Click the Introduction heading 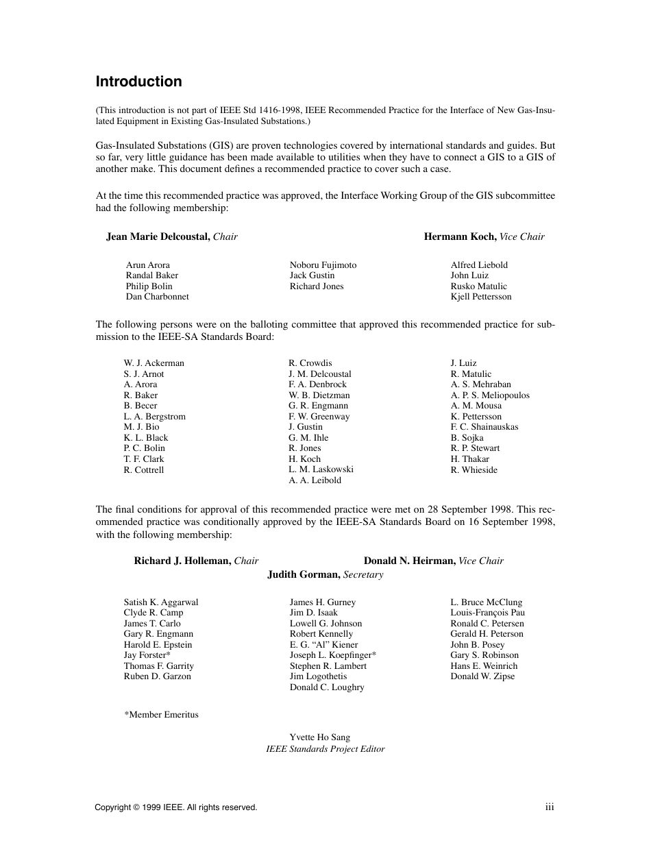pyautogui.click(x=138, y=82)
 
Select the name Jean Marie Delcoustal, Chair pyautogui.click(x=171, y=236)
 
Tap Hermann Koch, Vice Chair pyautogui.click(x=484, y=236)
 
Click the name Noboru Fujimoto pyautogui.click(x=323, y=265)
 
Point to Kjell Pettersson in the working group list pyautogui.click(x=480, y=297)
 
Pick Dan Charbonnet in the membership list pyautogui.click(x=157, y=297)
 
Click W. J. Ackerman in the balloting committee pyautogui.click(x=153, y=363)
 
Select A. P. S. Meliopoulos pyautogui.click(x=489, y=395)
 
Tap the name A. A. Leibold pyautogui.click(x=315, y=480)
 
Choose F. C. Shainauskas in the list pyautogui.click(x=484, y=427)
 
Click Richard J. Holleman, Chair pyautogui.click(x=196, y=561)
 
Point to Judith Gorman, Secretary pyautogui.click(x=325, y=574)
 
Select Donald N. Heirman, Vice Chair pyautogui.click(x=433, y=561)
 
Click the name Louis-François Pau pyautogui.click(x=487, y=613)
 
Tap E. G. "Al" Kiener pyautogui.click(x=323, y=644)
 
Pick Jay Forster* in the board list pyautogui.click(x=147, y=655)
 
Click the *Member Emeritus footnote pyautogui.click(x=161, y=714)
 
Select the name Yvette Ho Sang pyautogui.click(x=319, y=737)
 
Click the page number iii pyautogui.click(x=549, y=807)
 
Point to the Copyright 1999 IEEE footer pyautogui.click(x=175, y=807)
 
